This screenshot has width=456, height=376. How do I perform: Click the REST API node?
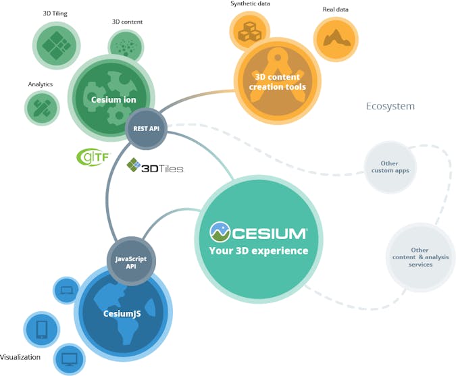tap(146, 128)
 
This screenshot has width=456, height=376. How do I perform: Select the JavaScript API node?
tap(131, 261)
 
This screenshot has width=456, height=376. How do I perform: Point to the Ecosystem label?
tap(390, 107)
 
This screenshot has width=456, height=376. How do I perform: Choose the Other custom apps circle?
tap(390, 166)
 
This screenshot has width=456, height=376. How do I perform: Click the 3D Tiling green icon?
tap(56, 45)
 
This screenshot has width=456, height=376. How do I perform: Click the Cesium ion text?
tap(113, 100)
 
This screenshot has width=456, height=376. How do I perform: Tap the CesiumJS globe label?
tap(122, 313)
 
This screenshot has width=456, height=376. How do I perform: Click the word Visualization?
tap(20, 357)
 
